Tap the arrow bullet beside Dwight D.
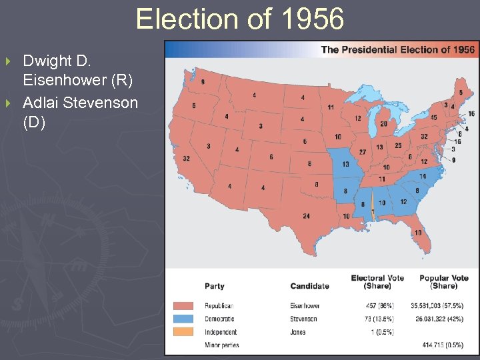9,61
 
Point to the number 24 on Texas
306,215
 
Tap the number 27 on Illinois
362,151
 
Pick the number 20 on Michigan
383,123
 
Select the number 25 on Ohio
398,145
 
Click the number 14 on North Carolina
423,176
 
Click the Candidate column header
309,286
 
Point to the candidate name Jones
299,332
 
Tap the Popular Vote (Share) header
444,282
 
